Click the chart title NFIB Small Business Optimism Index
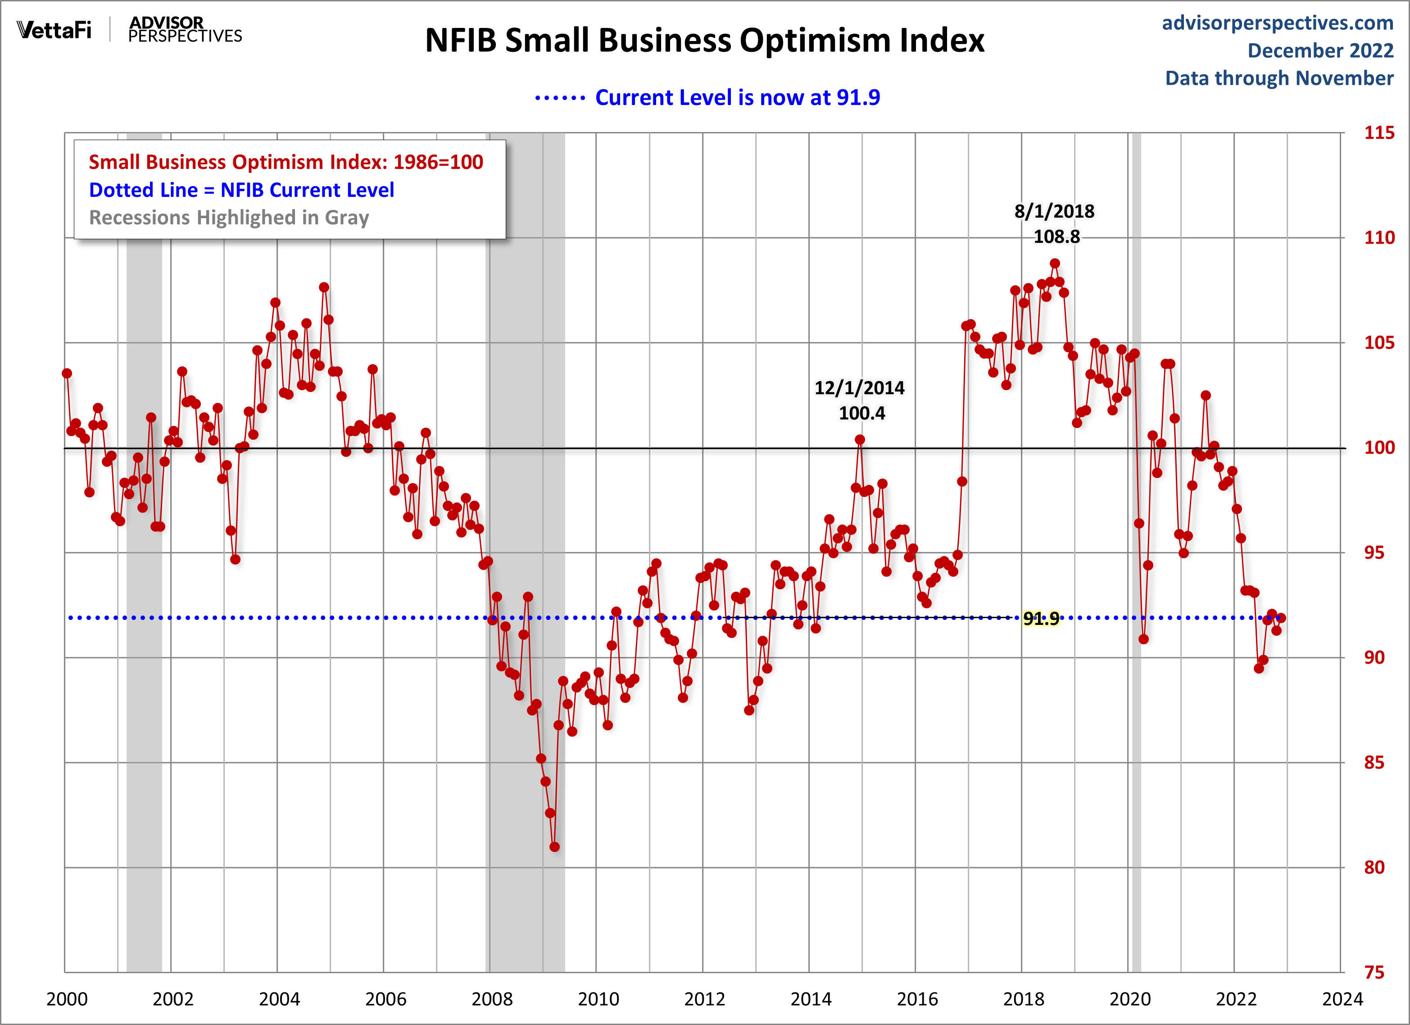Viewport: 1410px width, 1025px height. click(704, 41)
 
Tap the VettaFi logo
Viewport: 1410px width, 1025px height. click(54, 30)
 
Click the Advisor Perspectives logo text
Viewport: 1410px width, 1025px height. click(185, 30)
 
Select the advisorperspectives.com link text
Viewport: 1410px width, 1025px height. click(1278, 23)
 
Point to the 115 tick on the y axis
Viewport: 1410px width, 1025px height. click(1379, 132)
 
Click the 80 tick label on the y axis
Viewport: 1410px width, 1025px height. click(1374, 868)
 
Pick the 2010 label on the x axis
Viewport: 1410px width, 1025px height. click(598, 999)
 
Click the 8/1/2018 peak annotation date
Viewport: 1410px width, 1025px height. click(1054, 211)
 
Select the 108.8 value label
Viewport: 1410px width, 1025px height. click(1056, 237)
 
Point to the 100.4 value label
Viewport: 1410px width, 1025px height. click(861, 414)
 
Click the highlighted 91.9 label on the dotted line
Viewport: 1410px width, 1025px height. click(1041, 618)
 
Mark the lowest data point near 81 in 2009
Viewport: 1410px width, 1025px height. click(554, 847)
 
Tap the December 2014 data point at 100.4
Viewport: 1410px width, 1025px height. click(860, 440)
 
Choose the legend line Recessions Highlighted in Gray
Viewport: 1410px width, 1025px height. click(229, 218)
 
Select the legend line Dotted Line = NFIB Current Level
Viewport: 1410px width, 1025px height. click(241, 190)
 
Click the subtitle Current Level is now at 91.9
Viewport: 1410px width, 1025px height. click(737, 98)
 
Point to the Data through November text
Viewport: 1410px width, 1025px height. click(1279, 78)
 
